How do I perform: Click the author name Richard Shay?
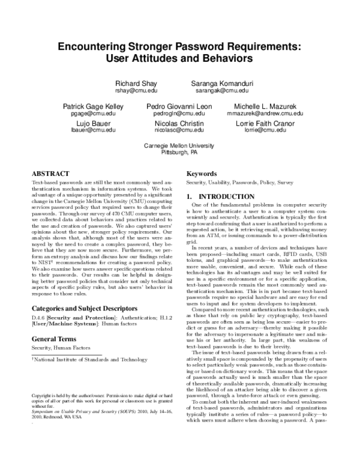[x=136, y=82]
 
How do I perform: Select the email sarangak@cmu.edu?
[x=221, y=90]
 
